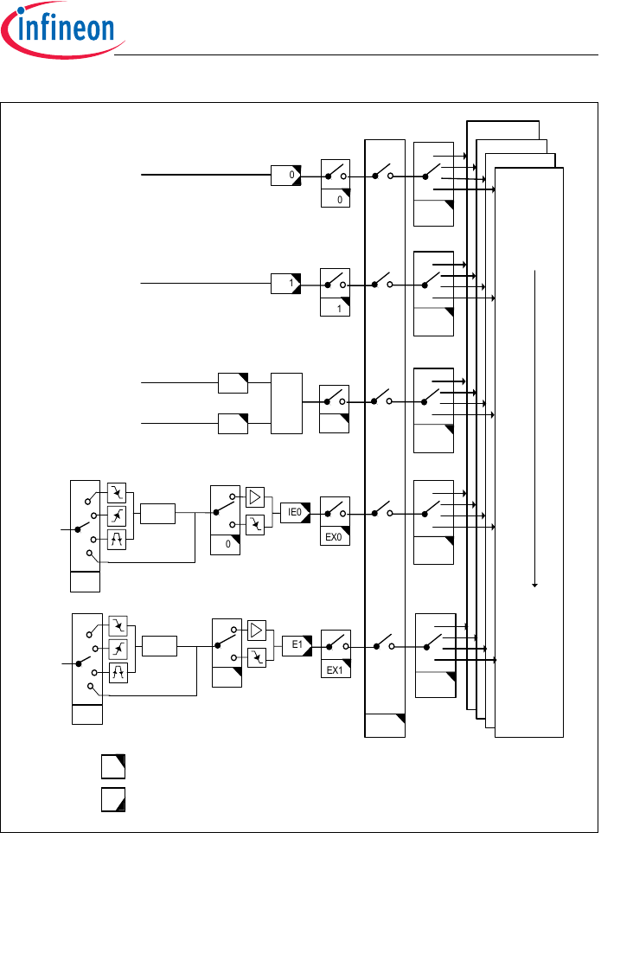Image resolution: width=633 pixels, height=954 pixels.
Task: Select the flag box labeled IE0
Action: [x=295, y=513]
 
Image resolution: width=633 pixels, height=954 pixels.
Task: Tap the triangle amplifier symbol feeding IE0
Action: [x=256, y=496]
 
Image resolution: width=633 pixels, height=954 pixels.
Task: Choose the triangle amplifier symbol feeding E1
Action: [x=257, y=629]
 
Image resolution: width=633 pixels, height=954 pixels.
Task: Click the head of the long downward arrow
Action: [x=536, y=585]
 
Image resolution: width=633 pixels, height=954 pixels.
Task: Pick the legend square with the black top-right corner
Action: [x=113, y=765]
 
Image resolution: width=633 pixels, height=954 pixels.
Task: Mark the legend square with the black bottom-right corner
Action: [x=113, y=799]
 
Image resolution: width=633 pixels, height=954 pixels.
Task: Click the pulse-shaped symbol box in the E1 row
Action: [x=118, y=671]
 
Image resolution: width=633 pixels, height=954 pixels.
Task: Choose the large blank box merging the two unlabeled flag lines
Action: [x=286, y=403]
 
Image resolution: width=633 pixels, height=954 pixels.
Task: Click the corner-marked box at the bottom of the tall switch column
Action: [x=385, y=726]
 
